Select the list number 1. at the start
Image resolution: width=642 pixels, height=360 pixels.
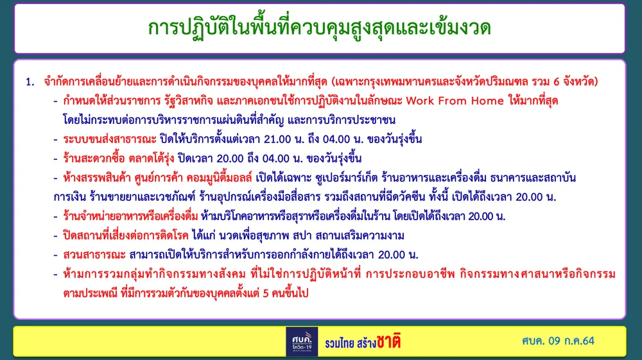30,82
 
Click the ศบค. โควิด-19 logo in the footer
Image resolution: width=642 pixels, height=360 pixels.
302,341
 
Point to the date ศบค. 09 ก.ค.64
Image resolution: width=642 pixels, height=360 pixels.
558,341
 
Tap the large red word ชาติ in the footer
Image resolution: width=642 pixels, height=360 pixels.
388,341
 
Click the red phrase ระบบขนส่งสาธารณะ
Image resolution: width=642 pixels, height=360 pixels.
110,139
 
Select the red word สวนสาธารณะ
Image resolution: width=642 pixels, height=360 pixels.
94,255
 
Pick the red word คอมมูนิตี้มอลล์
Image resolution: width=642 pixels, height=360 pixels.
219,178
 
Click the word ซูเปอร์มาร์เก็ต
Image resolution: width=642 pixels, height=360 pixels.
347,178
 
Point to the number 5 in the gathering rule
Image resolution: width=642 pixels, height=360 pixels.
266,293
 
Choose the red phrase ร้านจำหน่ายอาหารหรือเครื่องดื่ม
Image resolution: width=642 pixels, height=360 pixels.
130,216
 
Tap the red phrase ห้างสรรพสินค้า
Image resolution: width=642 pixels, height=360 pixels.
97,178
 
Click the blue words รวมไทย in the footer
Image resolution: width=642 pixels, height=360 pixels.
340,343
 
